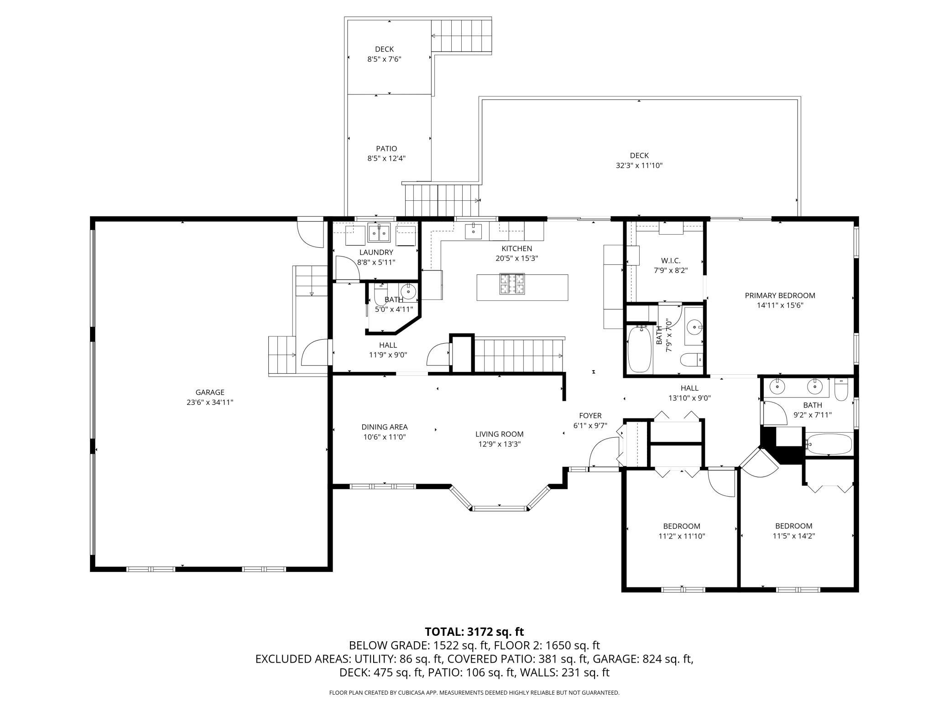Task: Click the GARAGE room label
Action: pyautogui.click(x=210, y=392)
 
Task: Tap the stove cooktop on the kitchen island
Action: pyautogui.click(x=512, y=283)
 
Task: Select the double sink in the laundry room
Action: pyautogui.click(x=379, y=233)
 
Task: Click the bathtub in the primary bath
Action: pyautogui.click(x=639, y=348)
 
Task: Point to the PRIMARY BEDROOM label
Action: pyautogui.click(x=780, y=295)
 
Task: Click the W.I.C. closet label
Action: pyautogui.click(x=671, y=261)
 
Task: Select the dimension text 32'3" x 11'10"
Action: pyautogui.click(x=639, y=165)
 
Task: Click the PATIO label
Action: pyautogui.click(x=386, y=148)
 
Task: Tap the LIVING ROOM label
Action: pyautogui.click(x=499, y=434)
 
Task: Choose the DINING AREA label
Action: pyautogui.click(x=385, y=427)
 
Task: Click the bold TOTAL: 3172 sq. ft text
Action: pyautogui.click(x=474, y=632)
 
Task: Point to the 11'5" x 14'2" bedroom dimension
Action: pyautogui.click(x=794, y=536)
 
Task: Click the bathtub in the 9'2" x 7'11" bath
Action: pyautogui.click(x=829, y=444)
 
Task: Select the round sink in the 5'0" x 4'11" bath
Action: pyautogui.click(x=408, y=291)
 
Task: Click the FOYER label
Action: pyautogui.click(x=590, y=415)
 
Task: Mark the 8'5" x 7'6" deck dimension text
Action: pyautogui.click(x=384, y=59)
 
